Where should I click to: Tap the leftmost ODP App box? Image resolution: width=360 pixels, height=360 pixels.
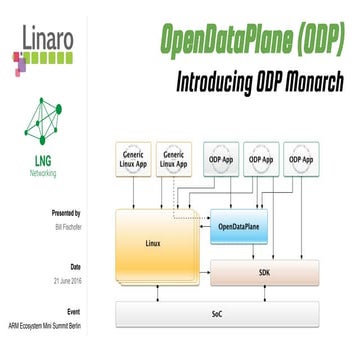point(223,160)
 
